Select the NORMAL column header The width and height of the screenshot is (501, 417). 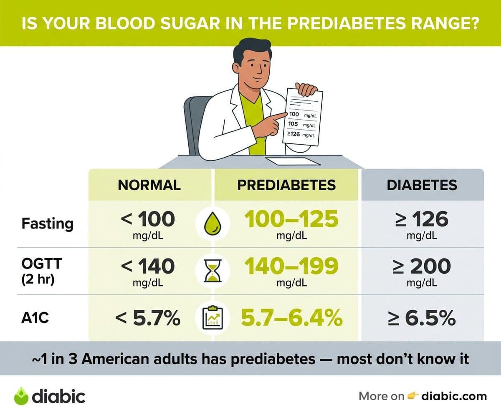149,185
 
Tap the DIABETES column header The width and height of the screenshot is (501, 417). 422,185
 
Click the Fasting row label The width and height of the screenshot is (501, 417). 47,224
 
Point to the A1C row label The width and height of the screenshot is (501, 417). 35,318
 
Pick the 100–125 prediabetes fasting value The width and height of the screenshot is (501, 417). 291,219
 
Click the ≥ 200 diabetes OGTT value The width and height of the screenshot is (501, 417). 422,266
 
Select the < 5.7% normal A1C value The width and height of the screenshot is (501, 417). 148,318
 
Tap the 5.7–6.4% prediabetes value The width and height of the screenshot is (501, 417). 291,318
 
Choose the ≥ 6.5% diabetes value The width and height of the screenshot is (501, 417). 422,318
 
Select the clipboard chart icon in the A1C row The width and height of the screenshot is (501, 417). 213,318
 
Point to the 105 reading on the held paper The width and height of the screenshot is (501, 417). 293,124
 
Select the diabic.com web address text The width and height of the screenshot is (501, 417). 454,397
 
